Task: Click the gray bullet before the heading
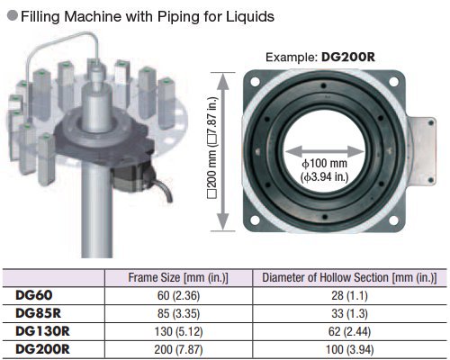[x=13, y=15]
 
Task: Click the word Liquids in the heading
[x=250, y=16]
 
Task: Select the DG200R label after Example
[x=348, y=57]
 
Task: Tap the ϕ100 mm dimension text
[x=324, y=164]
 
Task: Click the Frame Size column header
[x=178, y=277]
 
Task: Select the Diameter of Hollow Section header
[x=349, y=277]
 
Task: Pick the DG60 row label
[x=34, y=295]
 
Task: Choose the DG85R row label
[x=38, y=313]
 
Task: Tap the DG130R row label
[x=42, y=331]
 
